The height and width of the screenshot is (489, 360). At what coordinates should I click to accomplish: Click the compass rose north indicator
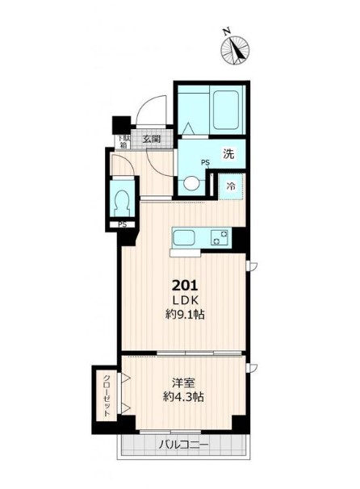coord(236,50)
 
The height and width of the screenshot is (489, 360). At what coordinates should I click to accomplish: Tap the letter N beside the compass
coord(227,31)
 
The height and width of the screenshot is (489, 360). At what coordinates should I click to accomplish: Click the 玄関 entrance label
coord(152,139)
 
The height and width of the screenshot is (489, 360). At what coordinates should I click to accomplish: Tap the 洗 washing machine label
coord(228,153)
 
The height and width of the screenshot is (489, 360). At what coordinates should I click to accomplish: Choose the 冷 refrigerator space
coord(231,186)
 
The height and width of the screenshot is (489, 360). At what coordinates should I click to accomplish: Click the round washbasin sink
coord(190,183)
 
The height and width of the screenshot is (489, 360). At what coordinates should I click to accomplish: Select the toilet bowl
coord(123,202)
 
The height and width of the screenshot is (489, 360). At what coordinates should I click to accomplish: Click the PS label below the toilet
coord(123,224)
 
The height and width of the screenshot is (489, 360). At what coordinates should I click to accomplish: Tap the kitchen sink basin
coord(184,238)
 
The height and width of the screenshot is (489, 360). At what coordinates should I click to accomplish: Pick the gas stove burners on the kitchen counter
coord(219,237)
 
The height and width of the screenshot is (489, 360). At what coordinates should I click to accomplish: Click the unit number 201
coord(186,285)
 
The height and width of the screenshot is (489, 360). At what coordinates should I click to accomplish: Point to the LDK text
coord(186,300)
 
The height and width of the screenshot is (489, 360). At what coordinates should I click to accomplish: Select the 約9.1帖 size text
coord(185,315)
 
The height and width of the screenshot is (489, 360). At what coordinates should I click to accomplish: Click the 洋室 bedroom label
coord(183,383)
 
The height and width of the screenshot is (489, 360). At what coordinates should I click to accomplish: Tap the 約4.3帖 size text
coord(183,397)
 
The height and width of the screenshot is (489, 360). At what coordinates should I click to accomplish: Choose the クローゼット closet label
coord(107,395)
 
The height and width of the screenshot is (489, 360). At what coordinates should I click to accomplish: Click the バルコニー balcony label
coord(183,444)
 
